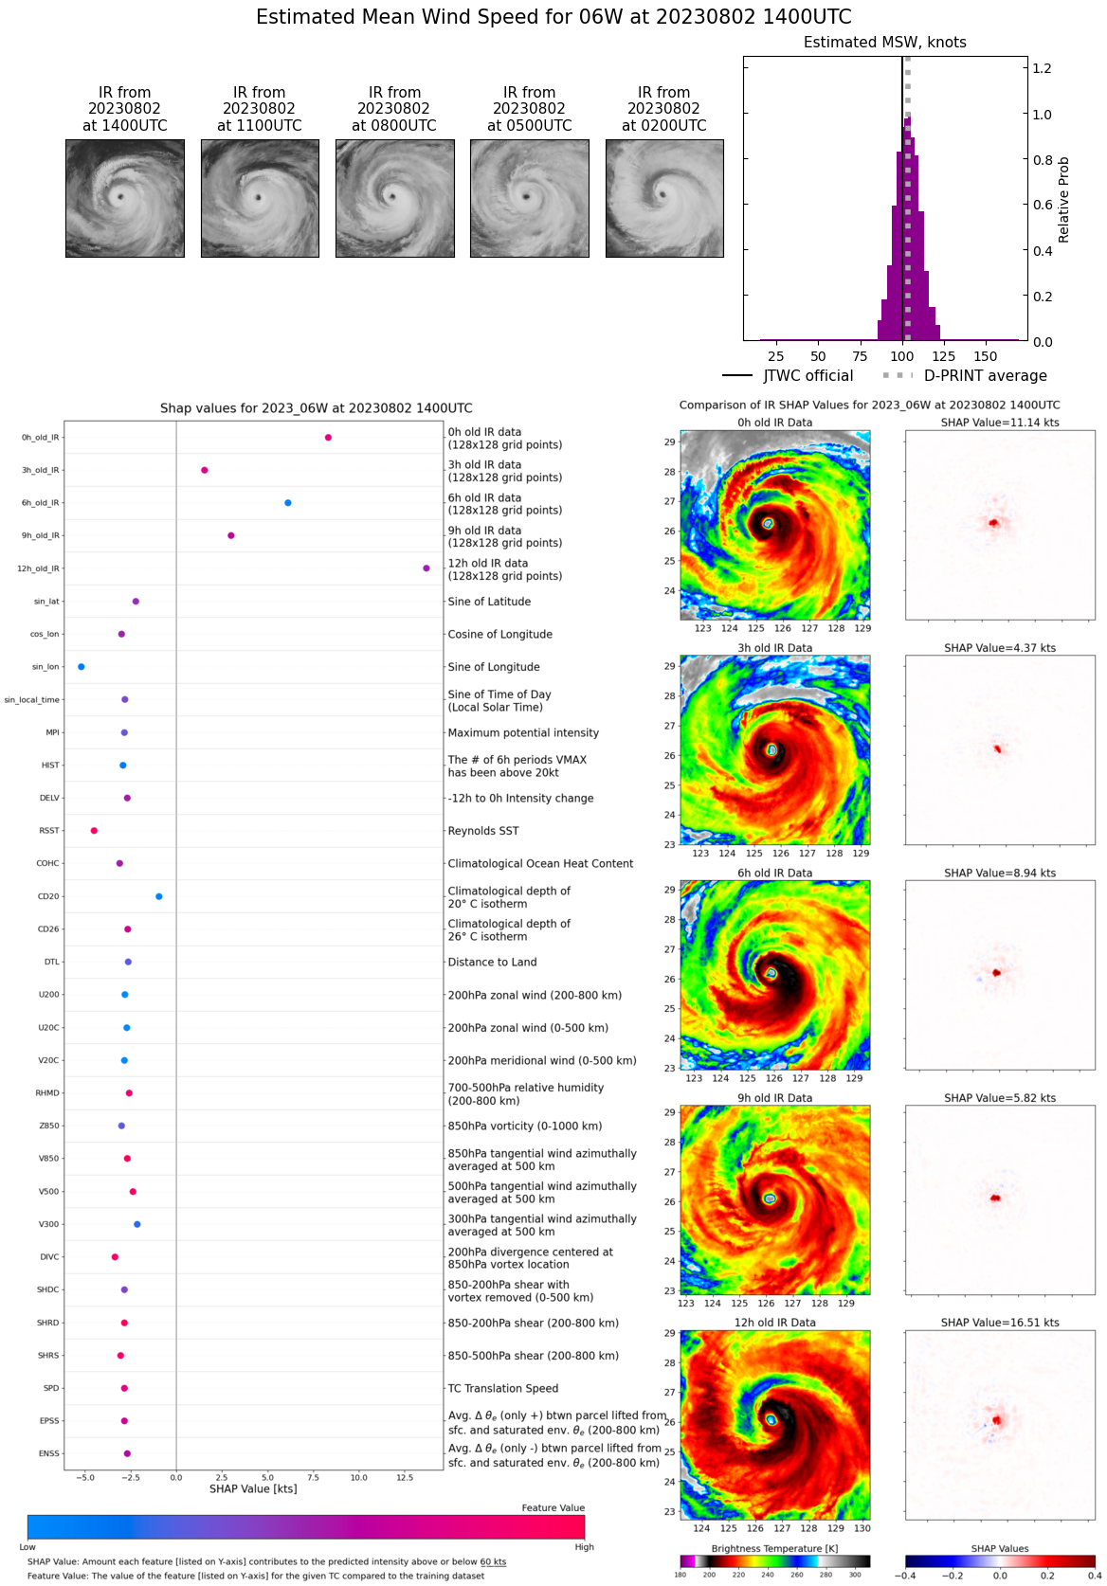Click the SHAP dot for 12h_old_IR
tap(426, 568)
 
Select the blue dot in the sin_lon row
tap(82, 667)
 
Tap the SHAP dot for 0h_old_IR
tap(328, 438)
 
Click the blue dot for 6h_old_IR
tap(288, 503)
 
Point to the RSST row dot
tap(94, 831)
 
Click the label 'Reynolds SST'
tap(483, 831)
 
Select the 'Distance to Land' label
tap(492, 962)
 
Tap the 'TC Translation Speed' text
tap(502, 1388)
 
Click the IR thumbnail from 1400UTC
tap(125, 198)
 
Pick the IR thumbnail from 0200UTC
tap(664, 198)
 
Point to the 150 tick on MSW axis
tap(986, 356)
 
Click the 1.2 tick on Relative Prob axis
tap(1042, 68)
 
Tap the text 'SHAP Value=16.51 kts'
tap(1000, 1323)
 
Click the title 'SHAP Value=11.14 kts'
tap(1000, 423)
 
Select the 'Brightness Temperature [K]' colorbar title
tap(774, 1548)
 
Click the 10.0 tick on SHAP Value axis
tap(359, 1477)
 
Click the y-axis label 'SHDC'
tap(48, 1289)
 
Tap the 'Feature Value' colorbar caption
tap(553, 1507)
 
